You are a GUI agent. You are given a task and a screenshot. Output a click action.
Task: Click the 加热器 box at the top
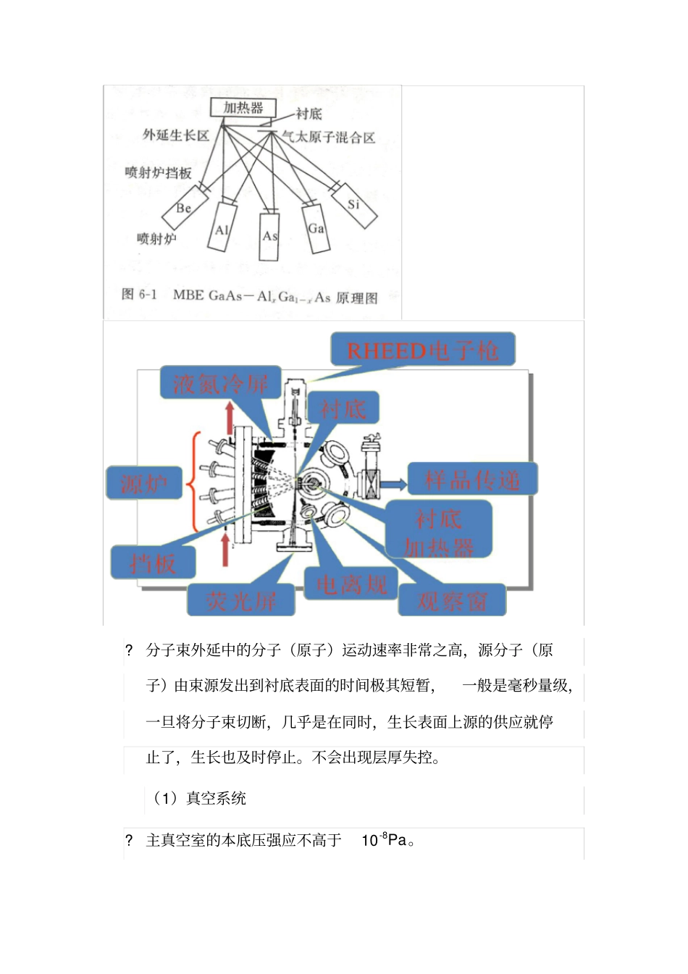coord(243,108)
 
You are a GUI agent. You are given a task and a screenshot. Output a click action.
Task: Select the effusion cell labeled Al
coord(222,229)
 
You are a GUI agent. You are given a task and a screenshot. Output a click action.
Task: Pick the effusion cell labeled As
coord(269,235)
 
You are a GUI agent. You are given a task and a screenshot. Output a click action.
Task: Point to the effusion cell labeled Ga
coord(316,228)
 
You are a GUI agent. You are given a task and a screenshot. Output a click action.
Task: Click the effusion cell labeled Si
coord(353,205)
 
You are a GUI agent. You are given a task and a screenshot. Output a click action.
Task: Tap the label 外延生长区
coord(176,135)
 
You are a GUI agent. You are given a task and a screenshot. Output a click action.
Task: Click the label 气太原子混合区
coord(328,137)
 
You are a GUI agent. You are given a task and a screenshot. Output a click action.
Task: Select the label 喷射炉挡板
coord(158,172)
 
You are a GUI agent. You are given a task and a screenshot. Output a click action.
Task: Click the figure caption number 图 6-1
coord(139,294)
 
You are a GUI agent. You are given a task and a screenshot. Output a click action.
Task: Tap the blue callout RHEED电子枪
coord(423,350)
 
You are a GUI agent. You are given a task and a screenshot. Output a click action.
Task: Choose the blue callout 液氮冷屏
coord(220,383)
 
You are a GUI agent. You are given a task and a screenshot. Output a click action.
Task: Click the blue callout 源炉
coord(143,482)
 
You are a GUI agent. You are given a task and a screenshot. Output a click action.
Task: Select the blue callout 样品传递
coord(472,479)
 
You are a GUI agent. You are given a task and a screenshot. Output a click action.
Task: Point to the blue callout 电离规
coord(351,584)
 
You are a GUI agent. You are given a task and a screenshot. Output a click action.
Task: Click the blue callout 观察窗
coord(452,600)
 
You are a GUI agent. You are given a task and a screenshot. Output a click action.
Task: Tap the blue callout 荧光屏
coord(240,600)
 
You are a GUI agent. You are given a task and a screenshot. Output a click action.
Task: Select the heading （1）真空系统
coord(199,799)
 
